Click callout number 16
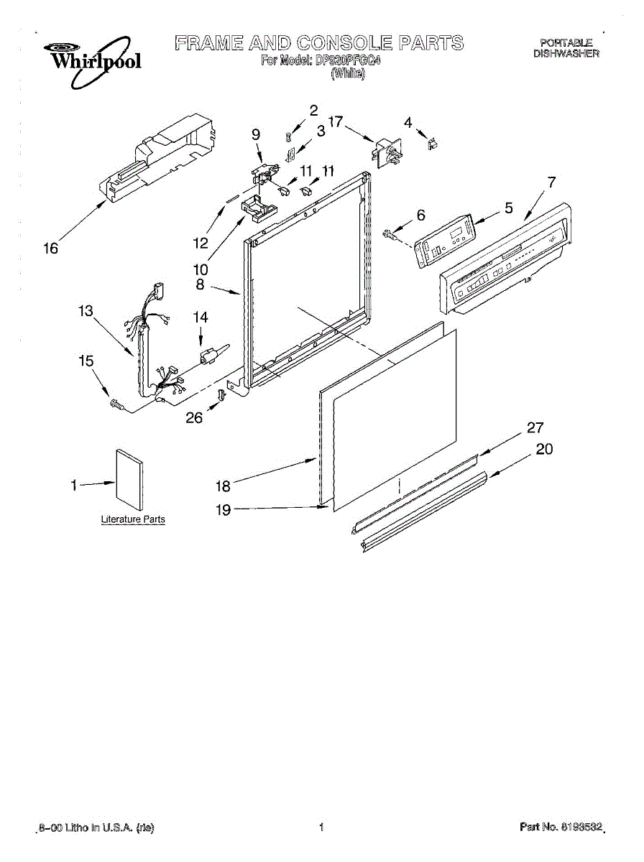(50, 249)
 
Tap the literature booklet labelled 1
(129, 479)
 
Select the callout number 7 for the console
(551, 182)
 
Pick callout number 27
(535, 428)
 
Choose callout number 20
(545, 449)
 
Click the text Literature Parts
(133, 519)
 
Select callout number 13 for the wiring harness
(86, 311)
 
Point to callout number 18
(223, 486)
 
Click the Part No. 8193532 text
(561, 828)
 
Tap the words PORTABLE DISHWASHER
(566, 48)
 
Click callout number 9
(256, 134)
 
